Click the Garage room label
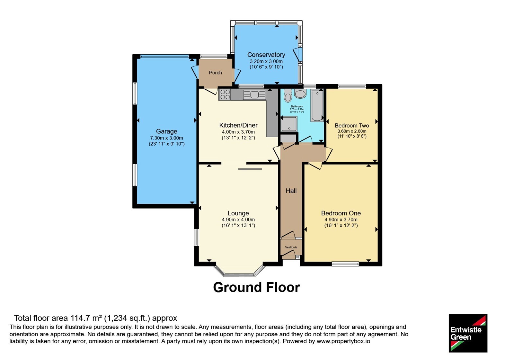click(x=166, y=131)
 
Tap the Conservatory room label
click(x=266, y=55)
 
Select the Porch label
click(x=215, y=73)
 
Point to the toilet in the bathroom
click(x=288, y=95)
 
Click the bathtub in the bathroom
click(x=317, y=106)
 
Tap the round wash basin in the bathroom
click(x=300, y=94)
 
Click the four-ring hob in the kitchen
click(x=225, y=94)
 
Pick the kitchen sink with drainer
click(x=254, y=94)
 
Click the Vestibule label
click(x=291, y=247)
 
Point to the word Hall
click(x=291, y=191)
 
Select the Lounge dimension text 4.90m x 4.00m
click(x=238, y=220)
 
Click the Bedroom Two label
click(x=352, y=126)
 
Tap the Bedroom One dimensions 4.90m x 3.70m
click(x=341, y=220)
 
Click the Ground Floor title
click(x=256, y=287)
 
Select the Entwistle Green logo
click(x=468, y=333)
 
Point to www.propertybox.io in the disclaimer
click(x=343, y=341)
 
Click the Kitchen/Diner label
click(x=238, y=125)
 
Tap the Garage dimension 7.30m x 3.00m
click(x=166, y=138)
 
